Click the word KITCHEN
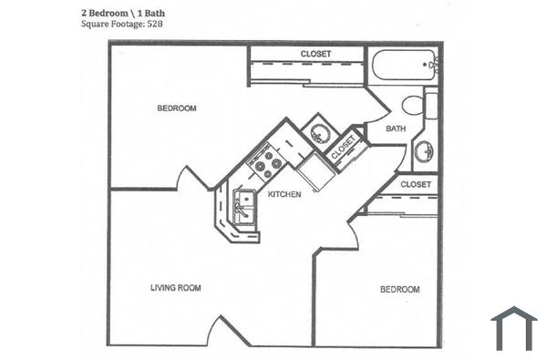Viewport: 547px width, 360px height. point(284,194)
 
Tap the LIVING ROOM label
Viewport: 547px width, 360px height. point(176,288)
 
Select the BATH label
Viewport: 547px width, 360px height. point(396,129)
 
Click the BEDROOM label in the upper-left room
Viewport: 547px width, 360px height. point(177,108)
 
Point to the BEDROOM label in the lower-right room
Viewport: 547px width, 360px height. point(399,290)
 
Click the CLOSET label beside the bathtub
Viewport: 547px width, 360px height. point(315,54)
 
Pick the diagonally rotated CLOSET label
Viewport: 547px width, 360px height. point(343,148)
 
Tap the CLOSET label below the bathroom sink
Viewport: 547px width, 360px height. point(415,184)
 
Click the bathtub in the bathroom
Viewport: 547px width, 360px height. point(402,66)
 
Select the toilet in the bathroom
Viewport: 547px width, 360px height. point(416,104)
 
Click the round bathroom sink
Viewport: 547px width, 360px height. point(424,151)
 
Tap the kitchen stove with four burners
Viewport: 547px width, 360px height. point(265,163)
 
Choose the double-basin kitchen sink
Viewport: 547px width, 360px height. point(243,207)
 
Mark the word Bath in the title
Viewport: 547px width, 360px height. point(157,12)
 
